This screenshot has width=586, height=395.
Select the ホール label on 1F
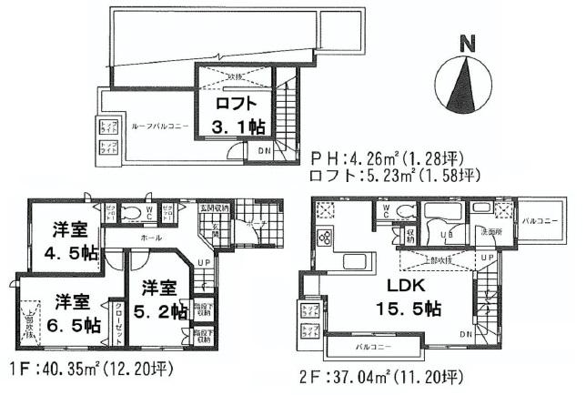tap(151, 238)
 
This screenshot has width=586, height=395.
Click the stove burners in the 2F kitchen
tap(322, 240)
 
